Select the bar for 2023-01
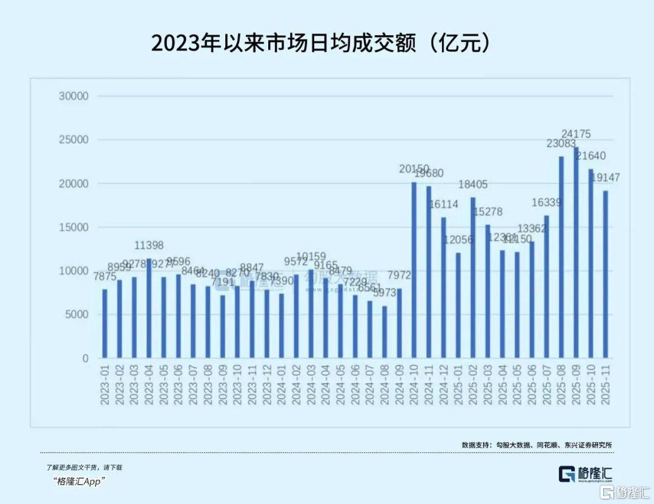point(105,323)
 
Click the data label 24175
point(576,134)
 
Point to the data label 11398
point(149,245)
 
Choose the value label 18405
point(473,184)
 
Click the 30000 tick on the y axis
point(74,96)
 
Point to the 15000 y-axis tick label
point(74,227)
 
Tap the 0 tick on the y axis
point(85,359)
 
